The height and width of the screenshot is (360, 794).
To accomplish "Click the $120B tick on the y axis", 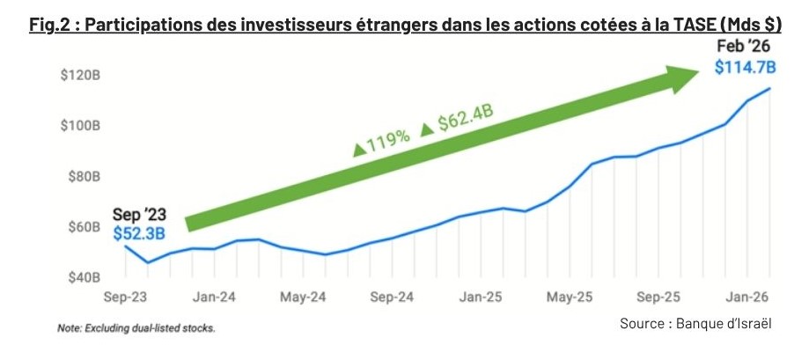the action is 80,76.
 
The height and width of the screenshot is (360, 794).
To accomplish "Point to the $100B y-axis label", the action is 80,126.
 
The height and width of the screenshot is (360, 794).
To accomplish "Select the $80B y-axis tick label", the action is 83,177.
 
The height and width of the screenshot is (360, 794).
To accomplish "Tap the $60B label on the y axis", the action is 83,227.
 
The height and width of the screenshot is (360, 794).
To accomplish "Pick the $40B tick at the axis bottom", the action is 83,277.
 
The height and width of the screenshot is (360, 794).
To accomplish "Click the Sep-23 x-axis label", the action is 125,297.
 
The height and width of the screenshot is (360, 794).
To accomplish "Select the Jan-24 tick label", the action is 214,297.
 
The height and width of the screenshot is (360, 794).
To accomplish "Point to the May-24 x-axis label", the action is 303,297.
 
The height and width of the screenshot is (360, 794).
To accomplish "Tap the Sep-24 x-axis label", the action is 392,297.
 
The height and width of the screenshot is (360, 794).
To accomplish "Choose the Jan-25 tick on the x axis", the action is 481,297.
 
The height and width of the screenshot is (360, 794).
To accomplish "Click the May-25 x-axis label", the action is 570,297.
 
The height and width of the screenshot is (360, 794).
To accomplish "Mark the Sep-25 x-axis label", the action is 658,297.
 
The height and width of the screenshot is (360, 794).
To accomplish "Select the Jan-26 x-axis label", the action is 747,297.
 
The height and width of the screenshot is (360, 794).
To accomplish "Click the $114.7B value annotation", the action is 745,67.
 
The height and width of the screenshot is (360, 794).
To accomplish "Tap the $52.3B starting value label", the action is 139,233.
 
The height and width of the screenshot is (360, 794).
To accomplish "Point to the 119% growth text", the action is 382,143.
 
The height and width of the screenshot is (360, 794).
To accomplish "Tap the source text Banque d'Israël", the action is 724,323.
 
